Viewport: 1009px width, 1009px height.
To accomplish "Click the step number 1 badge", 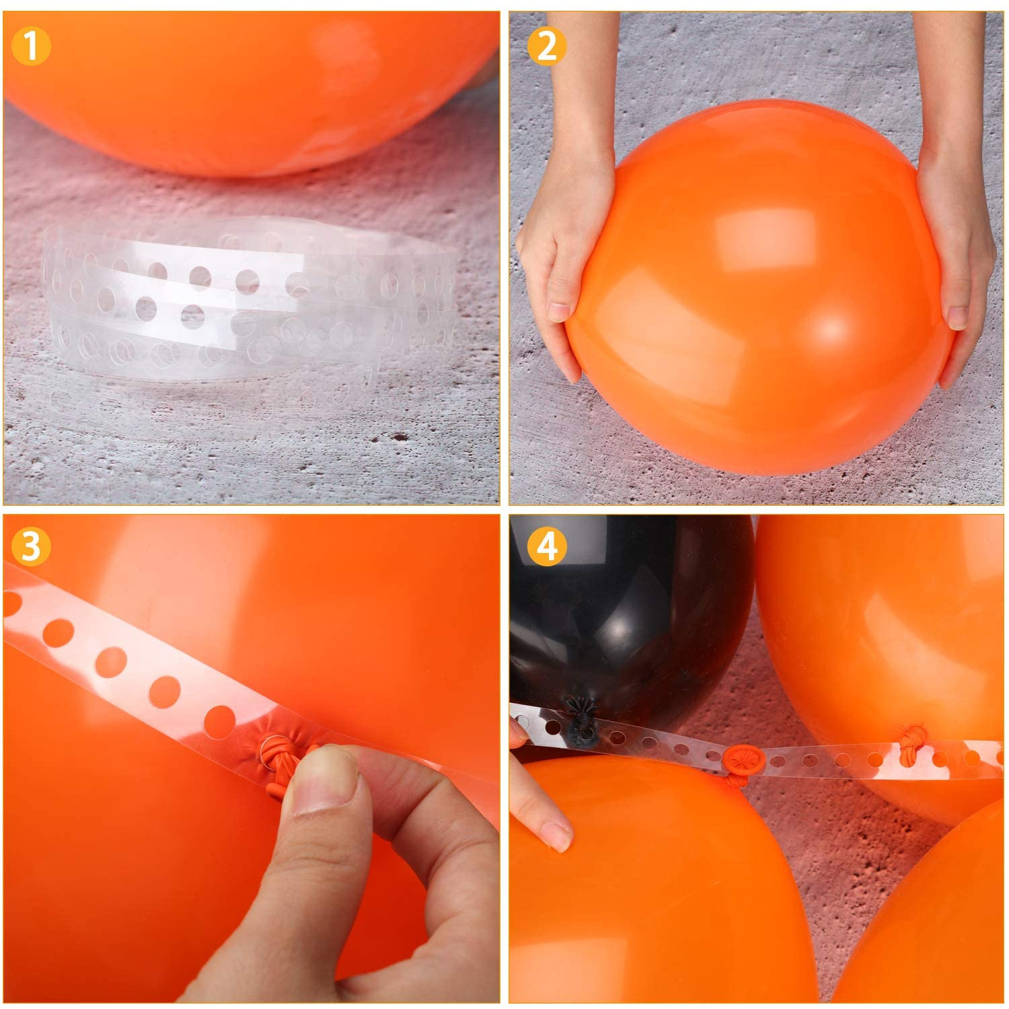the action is (31, 46).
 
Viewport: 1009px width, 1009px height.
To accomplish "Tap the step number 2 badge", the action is (546, 46).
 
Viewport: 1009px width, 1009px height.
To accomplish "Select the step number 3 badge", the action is (31, 546).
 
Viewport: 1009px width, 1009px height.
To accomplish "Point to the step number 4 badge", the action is (546, 546).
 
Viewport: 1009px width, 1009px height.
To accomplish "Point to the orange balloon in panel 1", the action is (249, 87).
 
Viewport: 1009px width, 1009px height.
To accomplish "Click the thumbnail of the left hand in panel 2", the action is (560, 311).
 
